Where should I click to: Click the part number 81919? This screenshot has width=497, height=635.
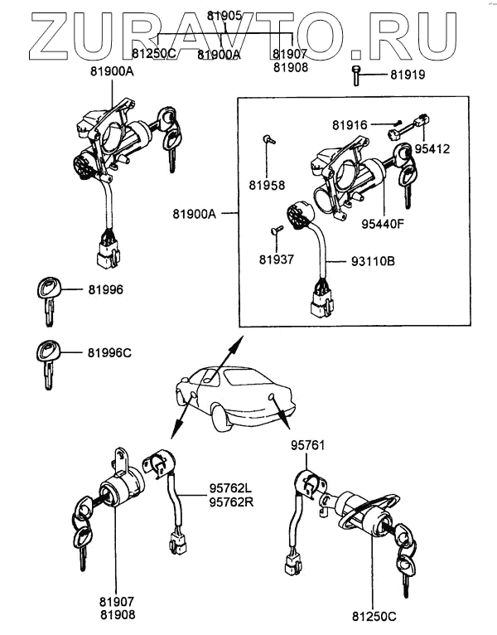(x=408, y=75)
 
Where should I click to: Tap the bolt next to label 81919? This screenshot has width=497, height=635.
(x=356, y=75)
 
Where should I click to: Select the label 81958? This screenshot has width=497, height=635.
(x=267, y=185)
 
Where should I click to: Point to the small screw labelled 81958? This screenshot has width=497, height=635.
(x=268, y=140)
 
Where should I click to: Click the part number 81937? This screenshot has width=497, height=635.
(x=277, y=259)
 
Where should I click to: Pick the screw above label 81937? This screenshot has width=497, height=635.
(x=277, y=230)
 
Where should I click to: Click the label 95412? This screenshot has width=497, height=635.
(x=432, y=149)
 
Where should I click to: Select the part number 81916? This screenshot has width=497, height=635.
(x=350, y=125)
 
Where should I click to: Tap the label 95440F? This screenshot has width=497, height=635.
(x=383, y=224)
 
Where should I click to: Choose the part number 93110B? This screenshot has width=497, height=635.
(x=373, y=261)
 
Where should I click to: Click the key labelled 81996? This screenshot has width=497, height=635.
(x=48, y=300)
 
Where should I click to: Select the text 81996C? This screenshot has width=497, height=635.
(x=109, y=353)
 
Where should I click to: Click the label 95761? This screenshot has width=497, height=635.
(x=307, y=445)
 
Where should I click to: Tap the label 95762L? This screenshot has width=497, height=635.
(x=231, y=488)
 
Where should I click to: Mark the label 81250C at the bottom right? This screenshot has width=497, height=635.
(x=374, y=617)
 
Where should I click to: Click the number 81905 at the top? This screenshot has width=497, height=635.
(x=224, y=16)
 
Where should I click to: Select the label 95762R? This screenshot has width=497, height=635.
(x=231, y=502)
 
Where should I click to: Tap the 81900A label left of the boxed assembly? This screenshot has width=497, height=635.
(x=195, y=214)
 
